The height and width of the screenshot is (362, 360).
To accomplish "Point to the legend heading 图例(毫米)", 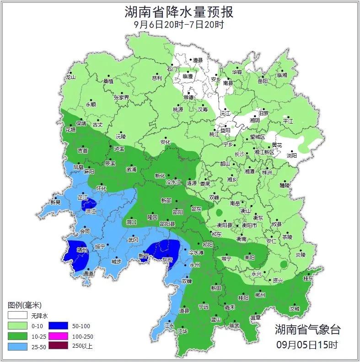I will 25,305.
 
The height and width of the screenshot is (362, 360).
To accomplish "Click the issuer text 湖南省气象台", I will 307,329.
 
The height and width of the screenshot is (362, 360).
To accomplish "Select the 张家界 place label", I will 122,97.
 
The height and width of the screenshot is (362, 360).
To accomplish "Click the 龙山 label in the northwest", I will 70,77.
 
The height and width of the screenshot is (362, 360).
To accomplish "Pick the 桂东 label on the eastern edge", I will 308,278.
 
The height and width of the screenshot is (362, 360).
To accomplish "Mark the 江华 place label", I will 183,331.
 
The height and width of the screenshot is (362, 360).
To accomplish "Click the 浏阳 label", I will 292,156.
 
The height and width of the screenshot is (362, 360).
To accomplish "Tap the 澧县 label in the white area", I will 198,60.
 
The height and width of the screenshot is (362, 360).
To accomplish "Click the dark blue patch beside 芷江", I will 89,205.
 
